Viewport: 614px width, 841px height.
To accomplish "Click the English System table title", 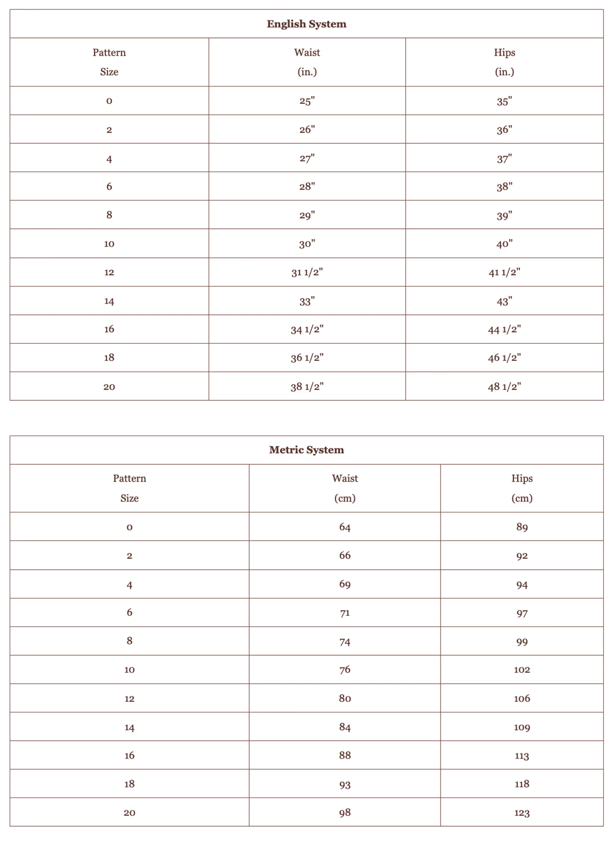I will [306, 24].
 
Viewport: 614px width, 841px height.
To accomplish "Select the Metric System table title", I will [306, 450].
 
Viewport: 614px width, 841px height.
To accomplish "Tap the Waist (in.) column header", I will [307, 62].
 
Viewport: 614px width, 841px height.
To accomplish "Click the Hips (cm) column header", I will [522, 488].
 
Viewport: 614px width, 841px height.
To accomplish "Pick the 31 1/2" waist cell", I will [307, 272].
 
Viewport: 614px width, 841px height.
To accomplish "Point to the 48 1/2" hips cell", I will [505, 386].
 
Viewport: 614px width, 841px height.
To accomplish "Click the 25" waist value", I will [307, 101].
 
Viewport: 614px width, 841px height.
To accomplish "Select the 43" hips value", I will [505, 301].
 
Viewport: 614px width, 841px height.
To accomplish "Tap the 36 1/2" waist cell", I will [307, 358].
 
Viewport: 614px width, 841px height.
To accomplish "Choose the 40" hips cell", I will [505, 244].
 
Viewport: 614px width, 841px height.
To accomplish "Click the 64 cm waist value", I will [345, 527].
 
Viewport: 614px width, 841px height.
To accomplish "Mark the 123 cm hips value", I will [522, 812].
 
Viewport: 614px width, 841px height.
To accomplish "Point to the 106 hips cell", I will [522, 698].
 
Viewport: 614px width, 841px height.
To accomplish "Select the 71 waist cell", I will [345, 613].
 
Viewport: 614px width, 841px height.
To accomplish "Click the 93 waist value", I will [345, 784].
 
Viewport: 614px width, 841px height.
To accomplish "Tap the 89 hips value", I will [522, 527].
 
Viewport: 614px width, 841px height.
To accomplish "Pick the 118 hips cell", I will [522, 784].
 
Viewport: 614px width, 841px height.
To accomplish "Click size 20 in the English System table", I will [109, 386].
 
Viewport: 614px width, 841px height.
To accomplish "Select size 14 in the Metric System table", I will [129, 727].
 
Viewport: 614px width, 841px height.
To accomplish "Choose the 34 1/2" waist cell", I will [307, 329].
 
